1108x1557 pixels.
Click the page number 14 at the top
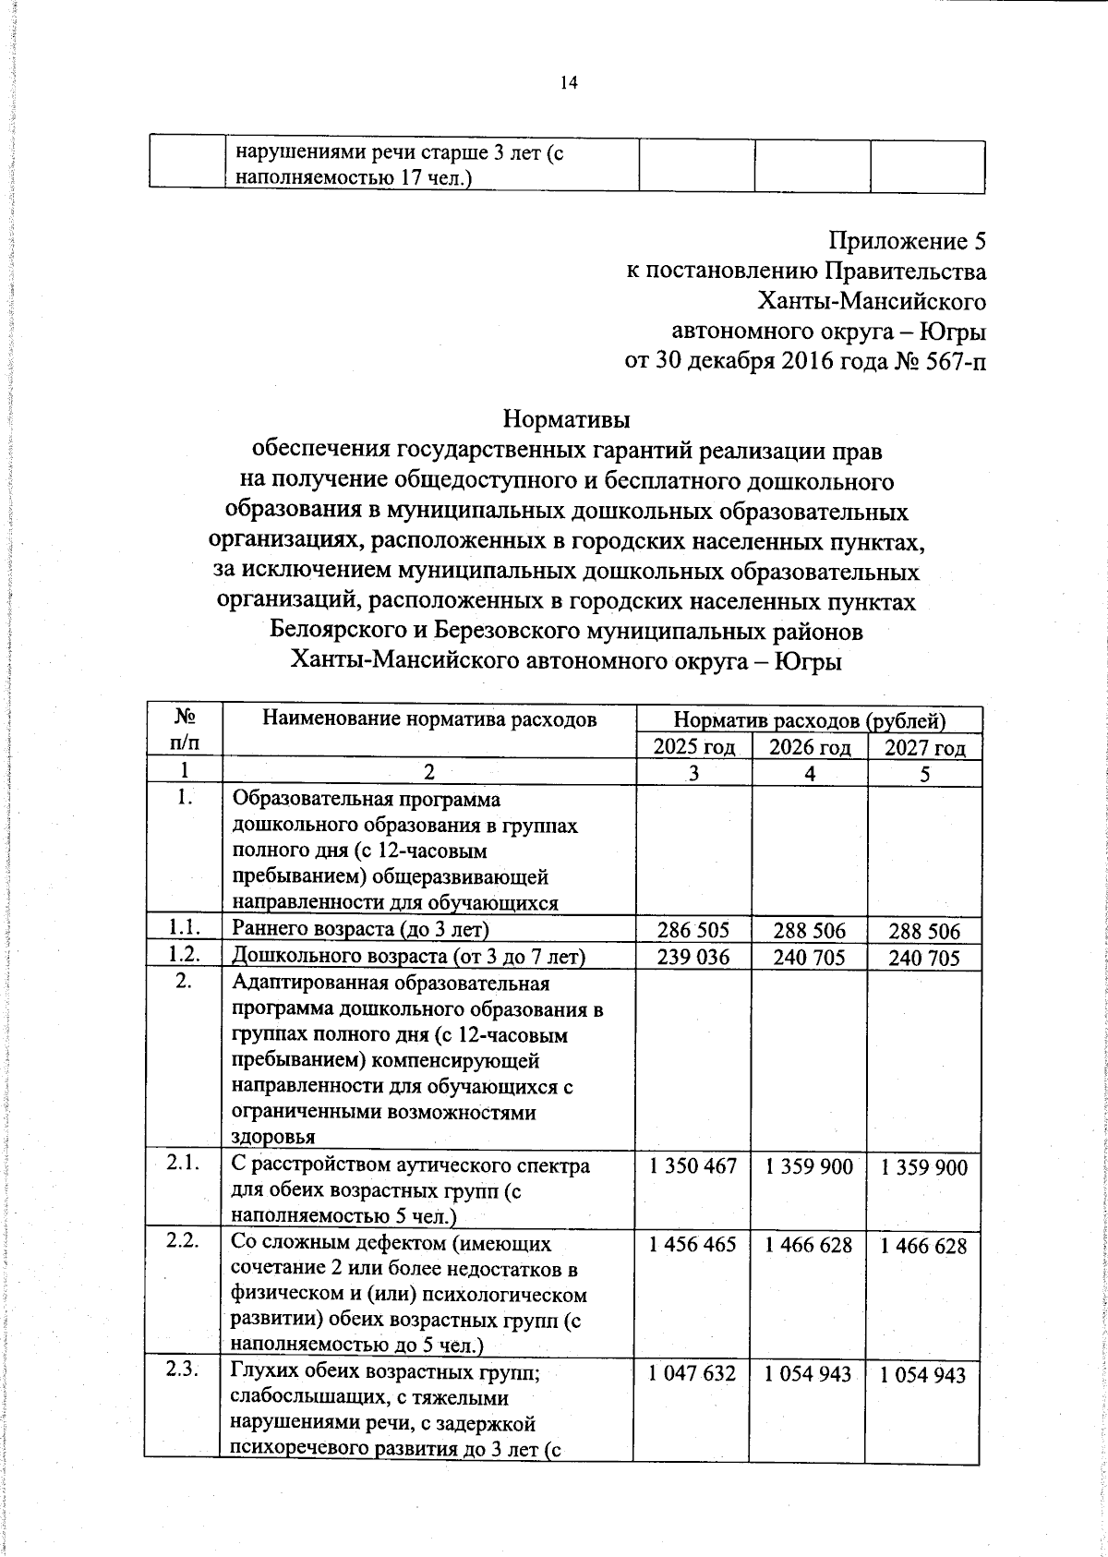568,84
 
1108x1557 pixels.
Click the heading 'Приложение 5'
907,242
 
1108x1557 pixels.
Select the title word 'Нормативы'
566,420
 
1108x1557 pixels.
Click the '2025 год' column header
694,747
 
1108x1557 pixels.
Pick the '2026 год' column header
810,747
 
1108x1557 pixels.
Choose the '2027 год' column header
924,747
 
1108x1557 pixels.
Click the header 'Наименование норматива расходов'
429,718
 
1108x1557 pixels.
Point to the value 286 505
693,930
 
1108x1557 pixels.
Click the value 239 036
693,958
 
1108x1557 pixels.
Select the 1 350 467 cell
693,1167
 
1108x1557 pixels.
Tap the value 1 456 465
693,1245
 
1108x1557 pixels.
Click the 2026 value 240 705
810,959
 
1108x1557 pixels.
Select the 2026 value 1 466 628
810,1245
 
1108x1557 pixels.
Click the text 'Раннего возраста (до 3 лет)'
360,929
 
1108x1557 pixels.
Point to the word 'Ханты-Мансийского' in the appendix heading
871,302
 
